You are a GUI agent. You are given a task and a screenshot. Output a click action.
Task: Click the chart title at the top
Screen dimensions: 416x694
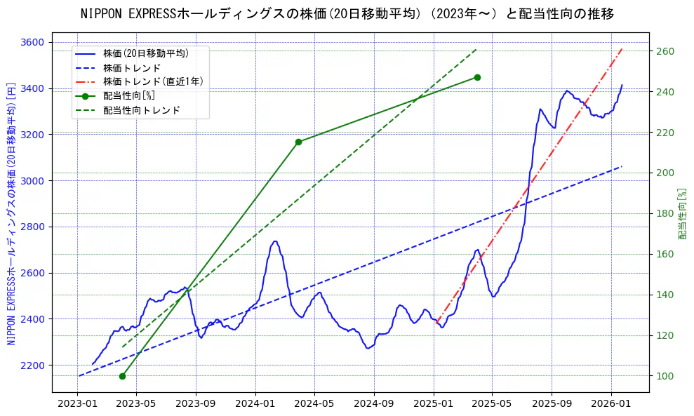347,13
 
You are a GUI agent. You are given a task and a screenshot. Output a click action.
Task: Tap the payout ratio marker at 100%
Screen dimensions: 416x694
122,376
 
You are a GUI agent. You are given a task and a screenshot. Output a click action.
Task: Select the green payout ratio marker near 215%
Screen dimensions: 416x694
298,142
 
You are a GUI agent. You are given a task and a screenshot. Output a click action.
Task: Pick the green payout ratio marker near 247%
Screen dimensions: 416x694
477,77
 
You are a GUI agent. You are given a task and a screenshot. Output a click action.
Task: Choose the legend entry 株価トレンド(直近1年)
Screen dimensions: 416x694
153,81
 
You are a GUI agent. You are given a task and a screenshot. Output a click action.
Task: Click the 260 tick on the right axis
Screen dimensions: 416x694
664,51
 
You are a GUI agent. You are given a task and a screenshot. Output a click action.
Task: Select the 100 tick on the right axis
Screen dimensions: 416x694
664,376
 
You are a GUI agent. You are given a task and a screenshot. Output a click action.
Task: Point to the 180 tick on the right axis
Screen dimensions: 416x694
664,214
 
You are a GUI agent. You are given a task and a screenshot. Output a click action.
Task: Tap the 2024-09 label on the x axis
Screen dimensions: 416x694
373,404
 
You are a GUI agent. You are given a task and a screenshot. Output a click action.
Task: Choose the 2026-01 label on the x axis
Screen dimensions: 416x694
610,404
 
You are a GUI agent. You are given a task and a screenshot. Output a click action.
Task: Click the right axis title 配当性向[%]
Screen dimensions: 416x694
681,214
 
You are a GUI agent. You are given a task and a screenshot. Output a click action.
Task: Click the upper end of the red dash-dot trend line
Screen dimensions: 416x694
622,49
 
